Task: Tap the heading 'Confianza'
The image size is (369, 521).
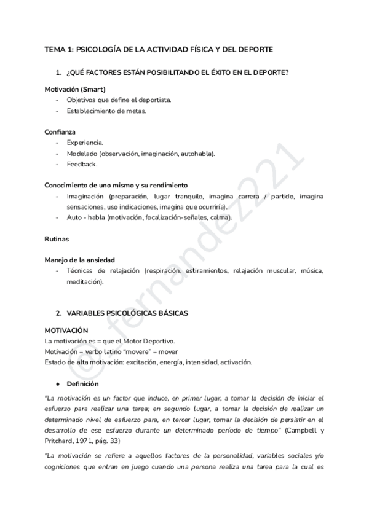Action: tap(60, 131)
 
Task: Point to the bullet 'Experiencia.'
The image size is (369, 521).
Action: tap(85, 143)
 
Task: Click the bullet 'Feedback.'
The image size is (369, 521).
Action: tap(82, 164)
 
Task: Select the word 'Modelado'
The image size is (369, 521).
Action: tap(81, 154)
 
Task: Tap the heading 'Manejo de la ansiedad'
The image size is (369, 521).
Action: tap(79, 260)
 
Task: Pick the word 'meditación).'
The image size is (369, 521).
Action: tap(85, 282)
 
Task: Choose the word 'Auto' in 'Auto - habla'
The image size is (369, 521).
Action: tap(74, 217)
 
